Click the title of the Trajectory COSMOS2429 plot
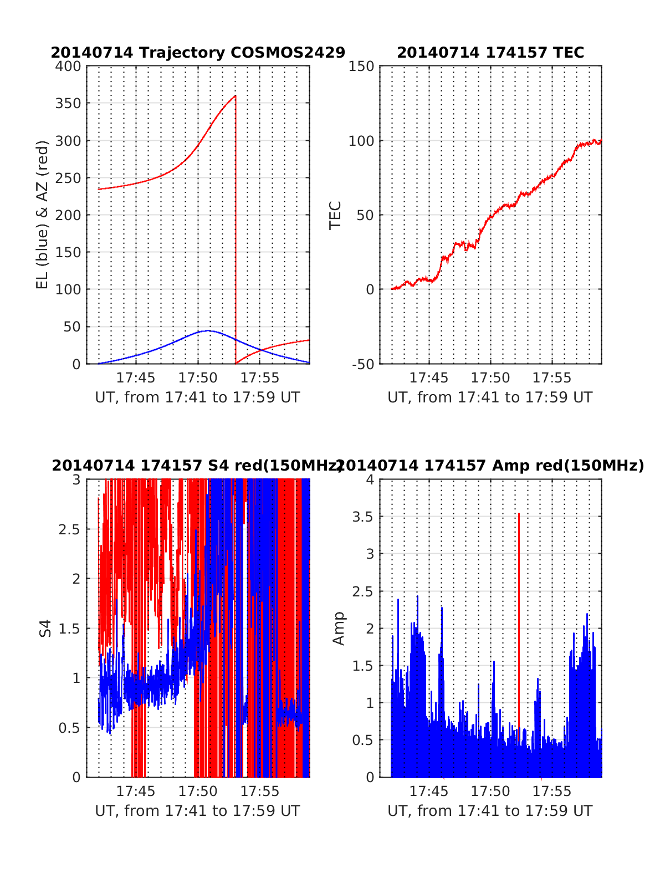click(198, 53)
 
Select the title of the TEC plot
click(490, 53)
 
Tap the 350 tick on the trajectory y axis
click(68, 104)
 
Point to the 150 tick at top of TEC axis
click(361, 67)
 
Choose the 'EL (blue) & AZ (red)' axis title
click(43, 215)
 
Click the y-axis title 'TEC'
click(335, 215)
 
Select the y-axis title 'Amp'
click(338, 628)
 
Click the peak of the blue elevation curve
click(207, 330)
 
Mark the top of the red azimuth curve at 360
click(235, 96)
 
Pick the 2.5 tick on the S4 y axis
click(70, 529)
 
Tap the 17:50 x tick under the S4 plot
click(198, 791)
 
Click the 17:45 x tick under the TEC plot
click(428, 378)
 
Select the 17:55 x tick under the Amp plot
click(552, 791)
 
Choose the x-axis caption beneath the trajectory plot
click(198, 397)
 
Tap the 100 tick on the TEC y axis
click(361, 141)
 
